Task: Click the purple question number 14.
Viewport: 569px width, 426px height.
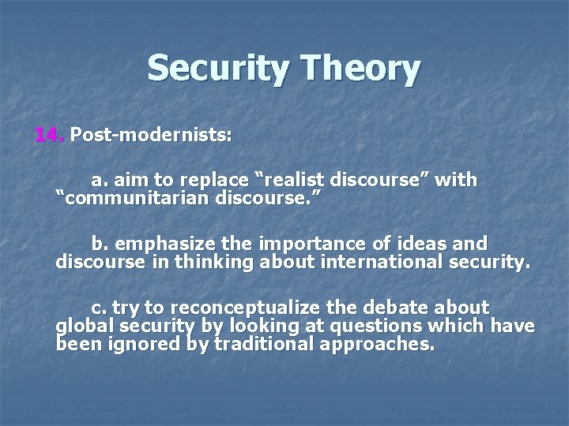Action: (49, 135)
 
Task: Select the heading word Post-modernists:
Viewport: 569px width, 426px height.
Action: (151, 135)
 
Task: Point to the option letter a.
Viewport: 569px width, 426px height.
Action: (97, 180)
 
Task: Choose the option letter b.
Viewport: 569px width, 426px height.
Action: (97, 243)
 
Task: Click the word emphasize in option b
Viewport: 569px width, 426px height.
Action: (159, 243)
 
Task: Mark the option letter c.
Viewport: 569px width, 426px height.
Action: (97, 307)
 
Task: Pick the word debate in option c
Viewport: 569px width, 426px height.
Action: (406, 307)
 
